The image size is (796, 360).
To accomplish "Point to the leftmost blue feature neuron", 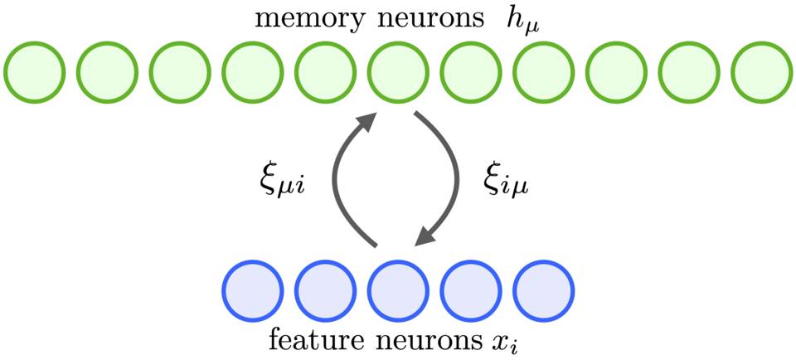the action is [252, 291].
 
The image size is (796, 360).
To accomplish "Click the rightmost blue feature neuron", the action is [543, 291].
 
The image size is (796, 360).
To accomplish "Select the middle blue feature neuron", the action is [397, 291].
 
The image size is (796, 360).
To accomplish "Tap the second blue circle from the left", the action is [325, 291].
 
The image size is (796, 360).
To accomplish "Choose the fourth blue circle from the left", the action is [471, 291].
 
